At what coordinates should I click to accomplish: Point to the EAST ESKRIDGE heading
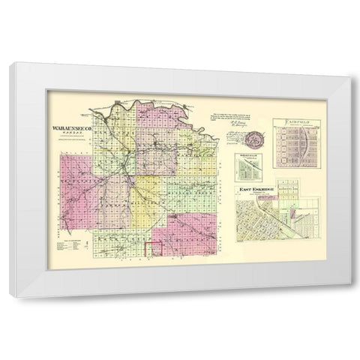(x=256, y=189)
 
